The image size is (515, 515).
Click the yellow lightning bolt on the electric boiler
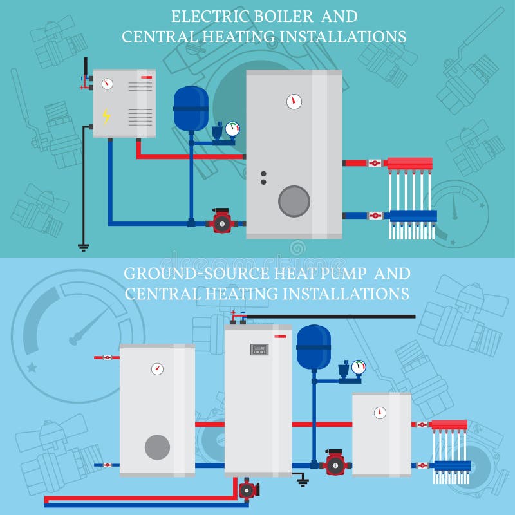[106, 116]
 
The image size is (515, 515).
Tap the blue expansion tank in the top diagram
[191, 106]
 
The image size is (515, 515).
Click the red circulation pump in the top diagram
[221, 222]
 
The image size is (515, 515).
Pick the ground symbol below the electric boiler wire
[83, 246]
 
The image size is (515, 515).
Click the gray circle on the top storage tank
[294, 201]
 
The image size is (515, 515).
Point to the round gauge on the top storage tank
[294, 101]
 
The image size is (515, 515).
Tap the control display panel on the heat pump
[259, 350]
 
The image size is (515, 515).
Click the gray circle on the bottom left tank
[157, 447]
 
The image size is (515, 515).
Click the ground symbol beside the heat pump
[301, 480]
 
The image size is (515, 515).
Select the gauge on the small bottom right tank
[380, 413]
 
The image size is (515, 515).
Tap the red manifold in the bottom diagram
[449, 424]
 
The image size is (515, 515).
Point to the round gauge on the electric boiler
[108, 84]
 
